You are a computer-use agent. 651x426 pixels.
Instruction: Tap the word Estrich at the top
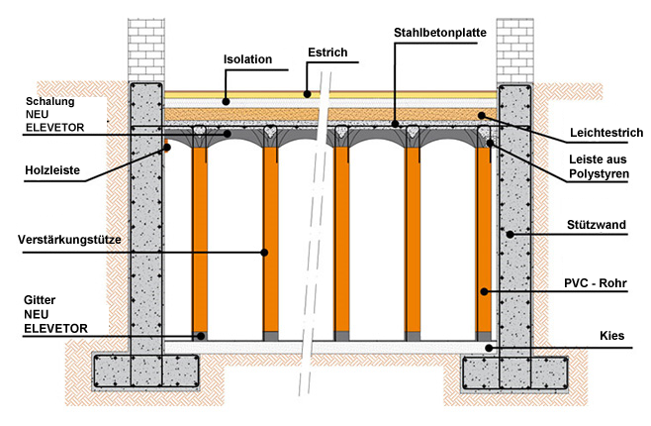pyautogui.click(x=326, y=52)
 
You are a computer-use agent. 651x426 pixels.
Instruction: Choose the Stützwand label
pyautogui.click(x=600, y=226)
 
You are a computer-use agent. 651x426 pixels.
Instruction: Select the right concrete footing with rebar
pyautogui.click(x=516, y=373)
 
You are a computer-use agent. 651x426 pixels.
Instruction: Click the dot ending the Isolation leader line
pyautogui.click(x=226, y=99)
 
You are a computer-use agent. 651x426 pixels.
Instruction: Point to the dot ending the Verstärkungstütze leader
pyautogui.click(x=264, y=252)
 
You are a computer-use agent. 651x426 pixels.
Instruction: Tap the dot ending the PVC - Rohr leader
pyautogui.click(x=485, y=291)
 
